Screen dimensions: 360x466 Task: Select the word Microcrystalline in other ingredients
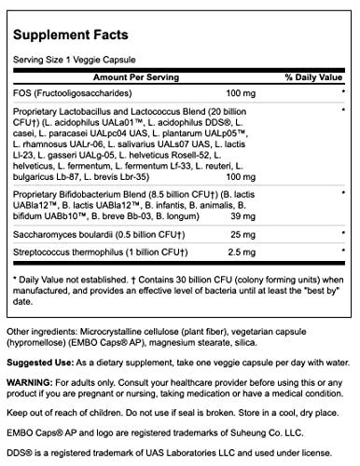click(109, 310)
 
